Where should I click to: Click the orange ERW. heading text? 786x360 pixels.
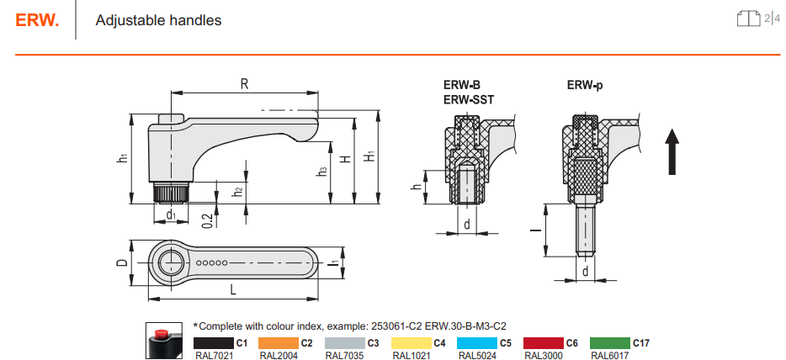[x=37, y=20]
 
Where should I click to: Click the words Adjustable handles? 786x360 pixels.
[x=158, y=20]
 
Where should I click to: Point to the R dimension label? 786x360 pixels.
[x=244, y=83]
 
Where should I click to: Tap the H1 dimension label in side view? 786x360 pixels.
[x=369, y=156]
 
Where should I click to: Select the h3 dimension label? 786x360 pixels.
[x=321, y=172]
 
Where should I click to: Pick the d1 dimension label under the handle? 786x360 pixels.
[x=171, y=214]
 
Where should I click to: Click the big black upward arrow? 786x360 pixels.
[x=672, y=151]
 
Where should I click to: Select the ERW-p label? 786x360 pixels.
[x=585, y=85]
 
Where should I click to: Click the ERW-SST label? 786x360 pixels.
[x=468, y=99]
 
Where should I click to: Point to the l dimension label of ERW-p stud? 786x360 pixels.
[x=536, y=230]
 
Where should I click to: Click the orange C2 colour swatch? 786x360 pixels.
[x=279, y=343]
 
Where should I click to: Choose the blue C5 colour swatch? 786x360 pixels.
[x=477, y=343]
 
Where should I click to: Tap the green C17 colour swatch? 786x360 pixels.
[x=610, y=343]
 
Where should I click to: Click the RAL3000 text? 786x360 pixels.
[x=544, y=356]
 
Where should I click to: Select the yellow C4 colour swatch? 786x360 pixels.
[x=411, y=343]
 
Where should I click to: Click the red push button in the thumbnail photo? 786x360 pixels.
[x=162, y=333]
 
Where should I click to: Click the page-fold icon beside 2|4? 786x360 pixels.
[x=749, y=19]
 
